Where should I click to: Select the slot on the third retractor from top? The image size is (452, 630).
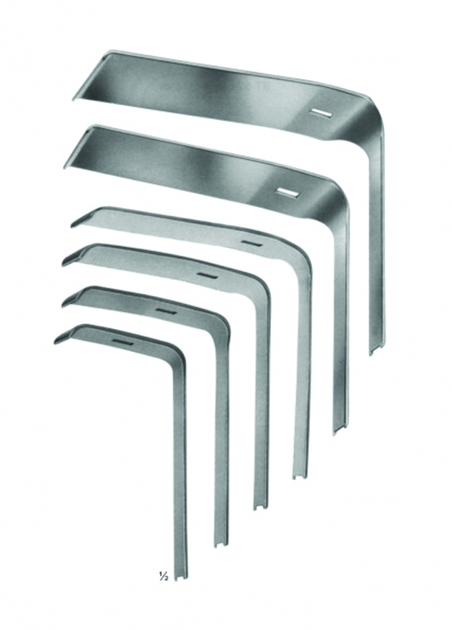coord(251,243)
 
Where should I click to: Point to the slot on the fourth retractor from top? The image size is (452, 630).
coord(207,275)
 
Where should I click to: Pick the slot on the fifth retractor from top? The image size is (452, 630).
coord(165,311)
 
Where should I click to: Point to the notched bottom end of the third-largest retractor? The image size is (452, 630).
coord(299,475)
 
